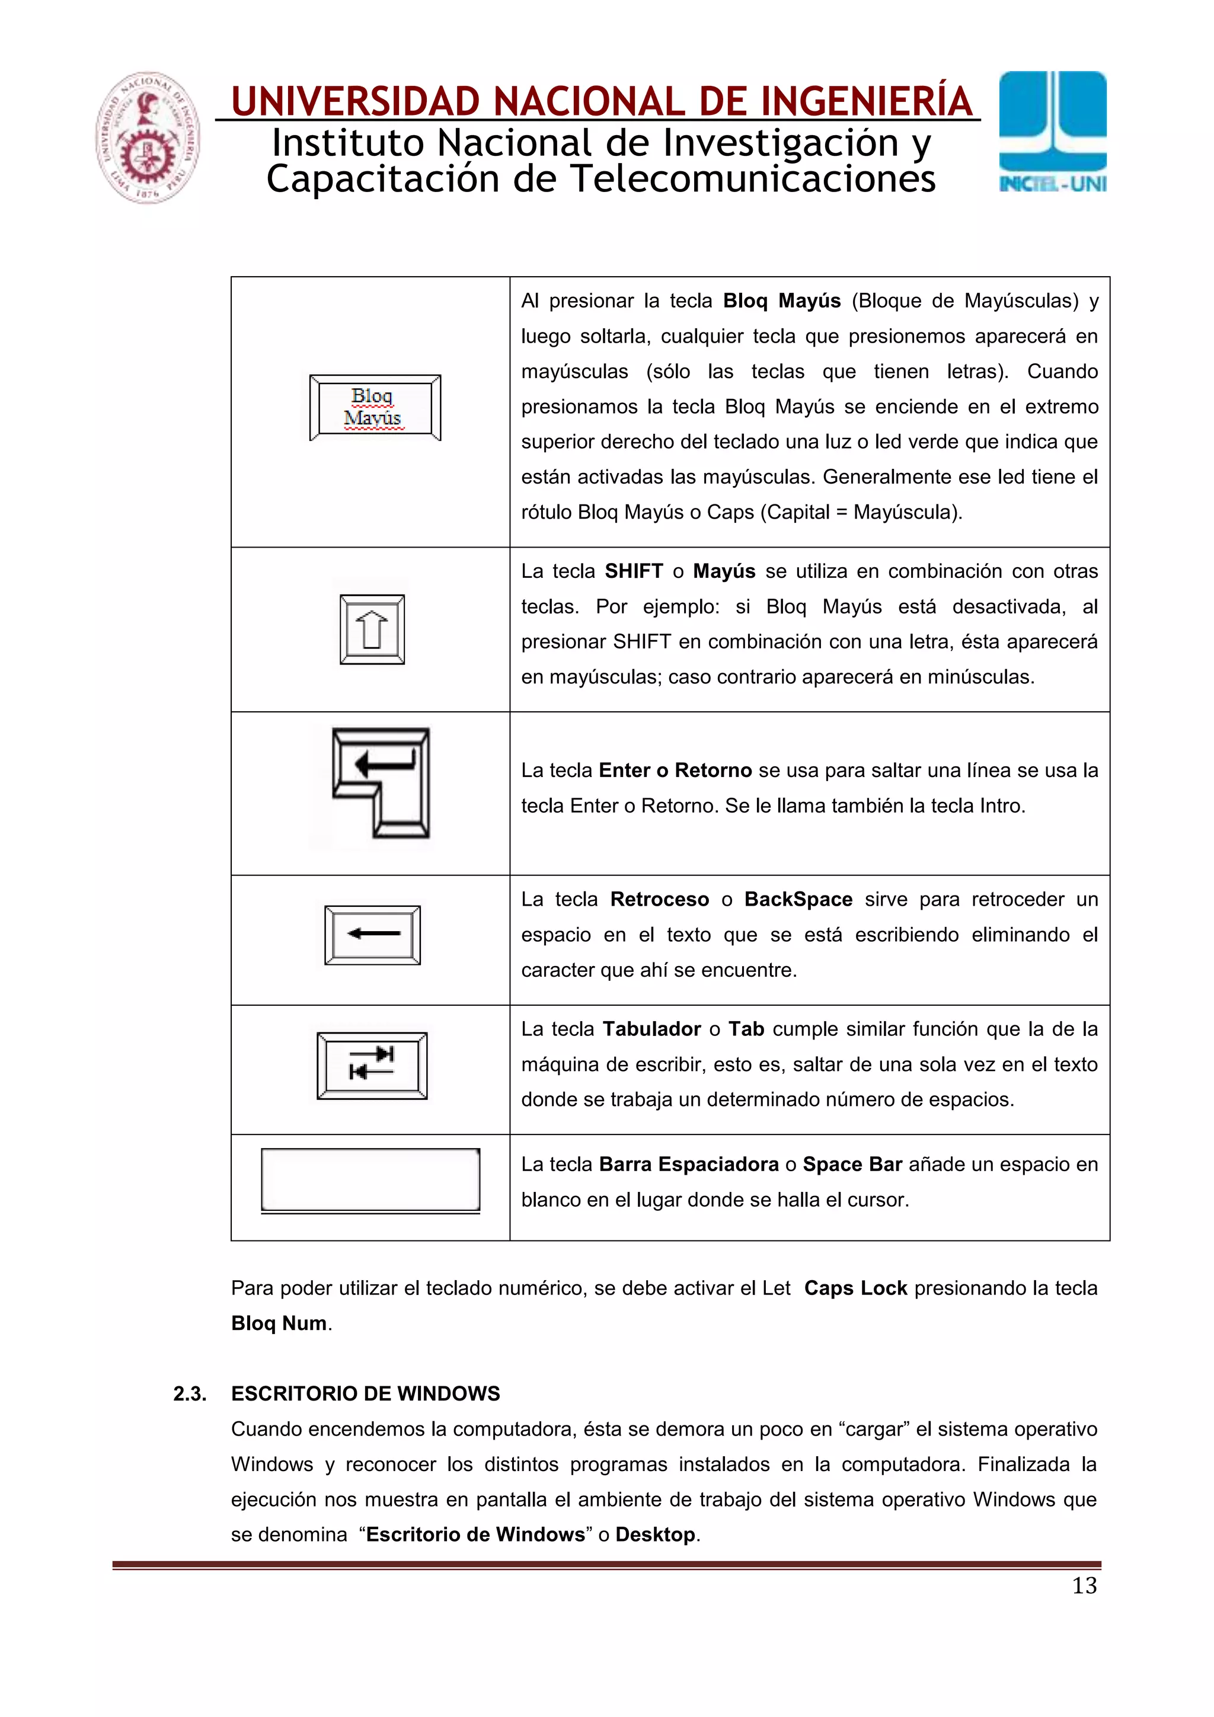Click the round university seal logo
point(148,138)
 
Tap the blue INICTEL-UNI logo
point(1052,132)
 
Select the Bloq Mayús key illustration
point(375,408)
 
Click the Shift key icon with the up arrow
point(372,629)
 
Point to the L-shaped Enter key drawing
point(381,782)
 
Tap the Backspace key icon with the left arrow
point(372,935)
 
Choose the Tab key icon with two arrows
point(372,1066)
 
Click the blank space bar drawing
point(370,1179)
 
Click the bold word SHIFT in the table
point(634,571)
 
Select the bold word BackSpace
point(797,900)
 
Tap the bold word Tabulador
point(651,1029)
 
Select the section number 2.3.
point(189,1393)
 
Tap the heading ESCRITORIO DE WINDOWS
point(365,1393)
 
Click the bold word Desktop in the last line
point(654,1534)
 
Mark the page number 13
point(1084,1585)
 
